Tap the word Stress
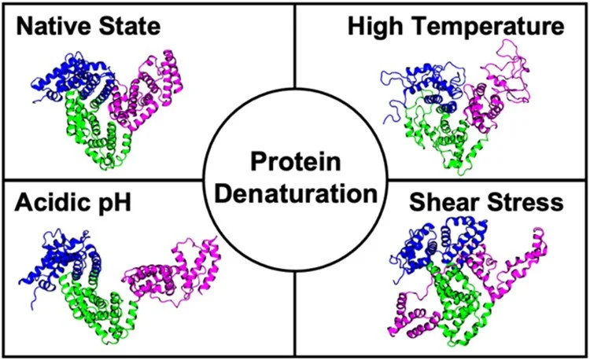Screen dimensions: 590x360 pos(527,203)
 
